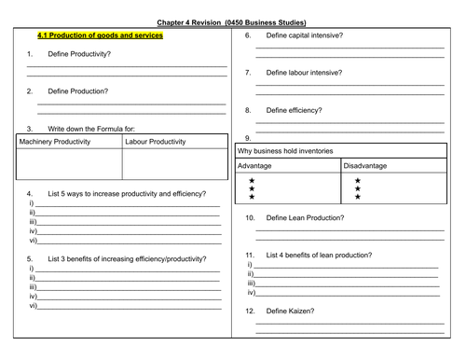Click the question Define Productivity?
78,55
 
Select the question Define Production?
77,91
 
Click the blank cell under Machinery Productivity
68,163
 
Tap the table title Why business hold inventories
285,149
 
